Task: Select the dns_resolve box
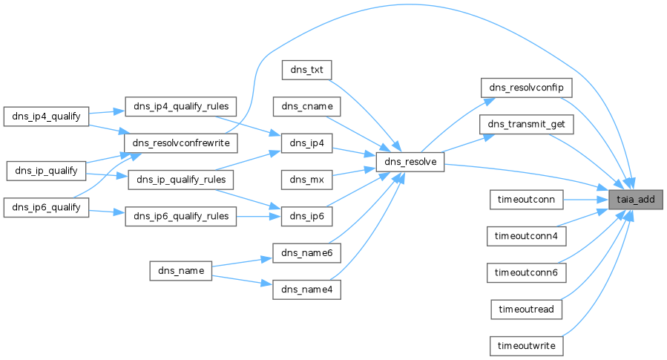click(410, 161)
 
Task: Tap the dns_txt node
click(306, 69)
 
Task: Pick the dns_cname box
click(306, 106)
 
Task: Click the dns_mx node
click(306, 180)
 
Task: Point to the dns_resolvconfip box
click(527, 88)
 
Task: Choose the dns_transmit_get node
click(527, 125)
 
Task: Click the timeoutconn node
click(527, 199)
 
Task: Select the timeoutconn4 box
click(527, 236)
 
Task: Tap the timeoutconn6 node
click(527, 272)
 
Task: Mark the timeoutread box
click(527, 309)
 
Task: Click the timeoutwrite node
click(527, 346)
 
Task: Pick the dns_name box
click(181, 270)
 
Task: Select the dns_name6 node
click(306, 253)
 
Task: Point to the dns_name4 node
click(306, 289)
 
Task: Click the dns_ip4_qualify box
click(46, 116)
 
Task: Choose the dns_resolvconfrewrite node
click(181, 142)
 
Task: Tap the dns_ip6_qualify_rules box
click(181, 217)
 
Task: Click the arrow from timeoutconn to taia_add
click(586, 199)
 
